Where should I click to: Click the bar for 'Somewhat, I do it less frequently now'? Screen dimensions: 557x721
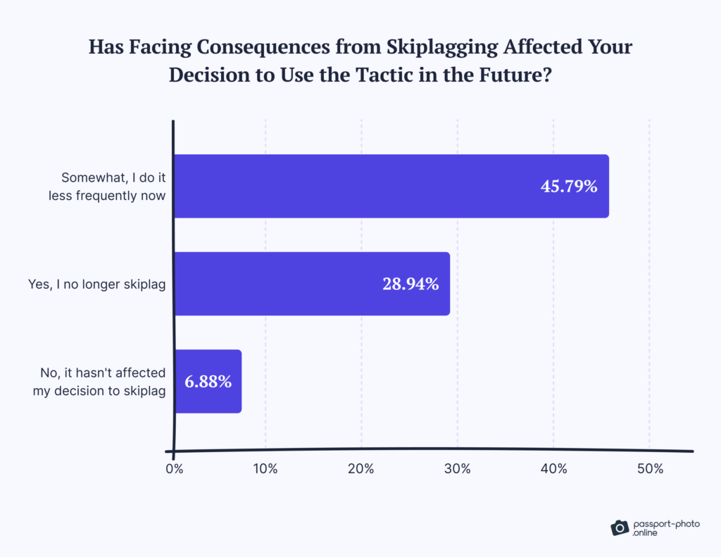coord(391,186)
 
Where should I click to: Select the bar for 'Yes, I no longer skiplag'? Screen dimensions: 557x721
coord(311,283)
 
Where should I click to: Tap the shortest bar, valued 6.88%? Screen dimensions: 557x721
coord(208,381)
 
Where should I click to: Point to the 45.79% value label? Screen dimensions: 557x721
coord(569,187)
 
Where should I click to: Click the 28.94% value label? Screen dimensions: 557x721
coord(410,284)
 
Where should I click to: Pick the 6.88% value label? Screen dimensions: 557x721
coord(208,382)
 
